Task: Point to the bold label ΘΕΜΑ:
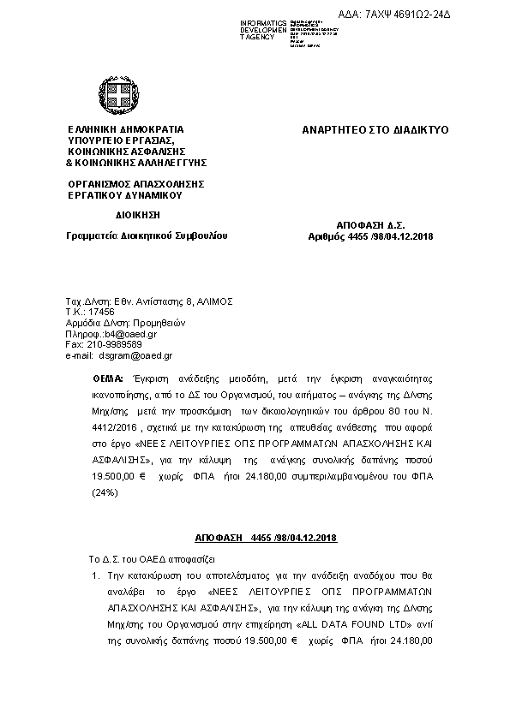click(x=107, y=378)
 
